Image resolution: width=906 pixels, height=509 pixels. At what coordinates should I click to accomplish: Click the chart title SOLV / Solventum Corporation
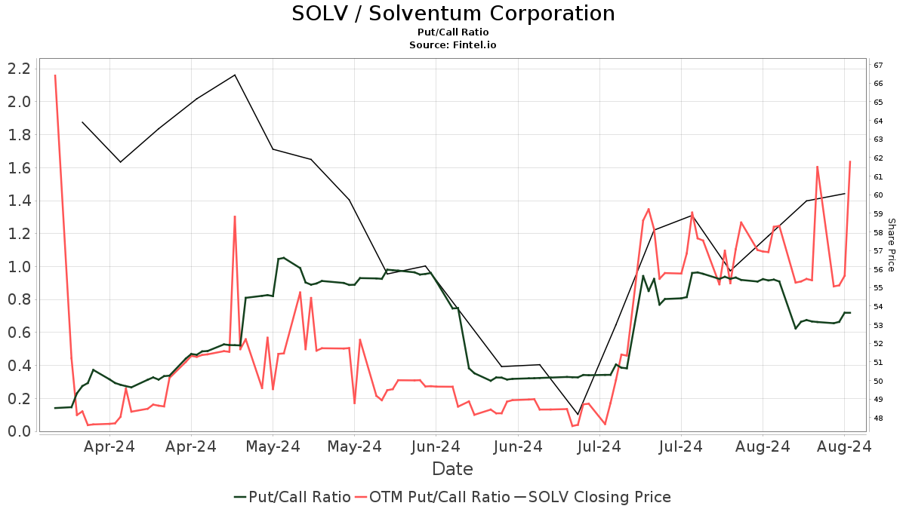[x=453, y=14]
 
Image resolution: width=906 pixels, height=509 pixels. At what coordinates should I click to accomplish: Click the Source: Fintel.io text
[x=453, y=44]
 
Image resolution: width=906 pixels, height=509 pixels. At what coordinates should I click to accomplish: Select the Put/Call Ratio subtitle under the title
[x=453, y=32]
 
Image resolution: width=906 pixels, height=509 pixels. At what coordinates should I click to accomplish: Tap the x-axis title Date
[x=452, y=469]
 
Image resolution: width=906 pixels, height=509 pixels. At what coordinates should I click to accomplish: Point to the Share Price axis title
[x=891, y=245]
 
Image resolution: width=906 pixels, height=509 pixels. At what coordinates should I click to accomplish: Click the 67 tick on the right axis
[x=879, y=65]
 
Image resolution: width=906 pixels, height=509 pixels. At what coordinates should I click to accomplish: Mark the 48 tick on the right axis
[x=879, y=419]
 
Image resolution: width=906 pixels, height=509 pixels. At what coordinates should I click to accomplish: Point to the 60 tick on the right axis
[x=879, y=195]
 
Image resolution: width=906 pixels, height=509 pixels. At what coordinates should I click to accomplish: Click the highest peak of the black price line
[x=235, y=75]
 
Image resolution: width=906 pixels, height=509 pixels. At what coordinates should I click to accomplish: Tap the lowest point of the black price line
[x=578, y=415]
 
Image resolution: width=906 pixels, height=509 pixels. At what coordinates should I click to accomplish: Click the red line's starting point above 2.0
[x=55, y=75]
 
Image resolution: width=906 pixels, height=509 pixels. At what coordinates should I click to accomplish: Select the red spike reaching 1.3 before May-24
[x=235, y=216]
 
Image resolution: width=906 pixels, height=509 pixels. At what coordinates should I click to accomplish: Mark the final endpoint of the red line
[x=850, y=161]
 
